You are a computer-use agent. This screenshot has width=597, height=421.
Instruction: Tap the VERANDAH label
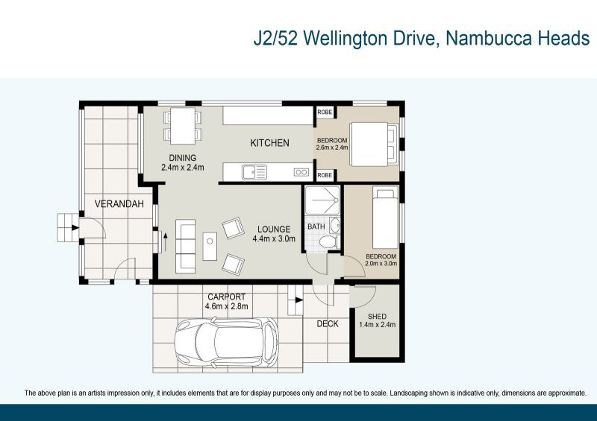(119, 203)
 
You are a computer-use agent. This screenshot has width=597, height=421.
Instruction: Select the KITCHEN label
(269, 143)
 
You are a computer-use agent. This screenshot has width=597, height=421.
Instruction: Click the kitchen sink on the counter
(254, 173)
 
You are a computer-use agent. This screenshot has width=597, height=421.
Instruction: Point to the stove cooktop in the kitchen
(301, 172)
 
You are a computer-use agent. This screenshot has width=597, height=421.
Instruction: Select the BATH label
(316, 227)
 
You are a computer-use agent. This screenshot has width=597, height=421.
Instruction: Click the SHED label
(377, 315)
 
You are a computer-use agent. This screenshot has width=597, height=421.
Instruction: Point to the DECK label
(328, 323)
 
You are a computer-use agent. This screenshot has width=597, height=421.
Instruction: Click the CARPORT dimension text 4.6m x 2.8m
(228, 306)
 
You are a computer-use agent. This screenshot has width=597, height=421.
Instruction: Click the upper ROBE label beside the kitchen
(325, 112)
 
